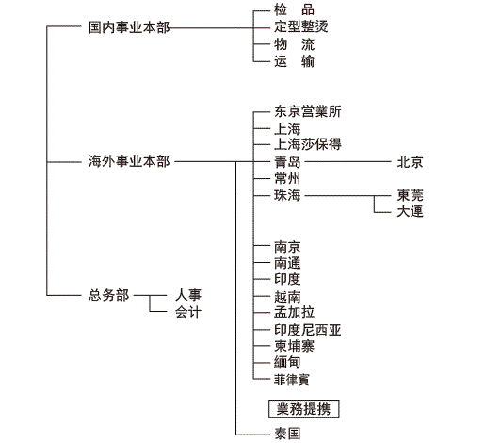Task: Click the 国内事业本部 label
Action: (x=129, y=27)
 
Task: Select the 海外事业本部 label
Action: (x=129, y=161)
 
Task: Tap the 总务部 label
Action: (x=108, y=295)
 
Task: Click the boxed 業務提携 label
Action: (x=303, y=409)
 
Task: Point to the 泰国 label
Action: (x=287, y=434)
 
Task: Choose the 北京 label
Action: (x=410, y=162)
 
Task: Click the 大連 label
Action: (x=410, y=211)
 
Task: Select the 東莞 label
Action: (x=410, y=195)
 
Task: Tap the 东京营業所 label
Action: (x=308, y=111)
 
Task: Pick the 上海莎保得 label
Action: (x=308, y=144)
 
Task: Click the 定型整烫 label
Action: (x=301, y=26)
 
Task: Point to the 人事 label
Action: (x=188, y=295)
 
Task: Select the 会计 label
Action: (x=188, y=312)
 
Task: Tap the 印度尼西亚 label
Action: (x=308, y=330)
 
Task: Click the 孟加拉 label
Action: (x=294, y=312)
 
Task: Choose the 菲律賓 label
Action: (x=292, y=379)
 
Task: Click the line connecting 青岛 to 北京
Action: (x=348, y=162)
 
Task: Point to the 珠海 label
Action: (x=287, y=195)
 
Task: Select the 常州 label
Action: (x=287, y=178)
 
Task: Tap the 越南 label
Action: (x=287, y=297)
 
